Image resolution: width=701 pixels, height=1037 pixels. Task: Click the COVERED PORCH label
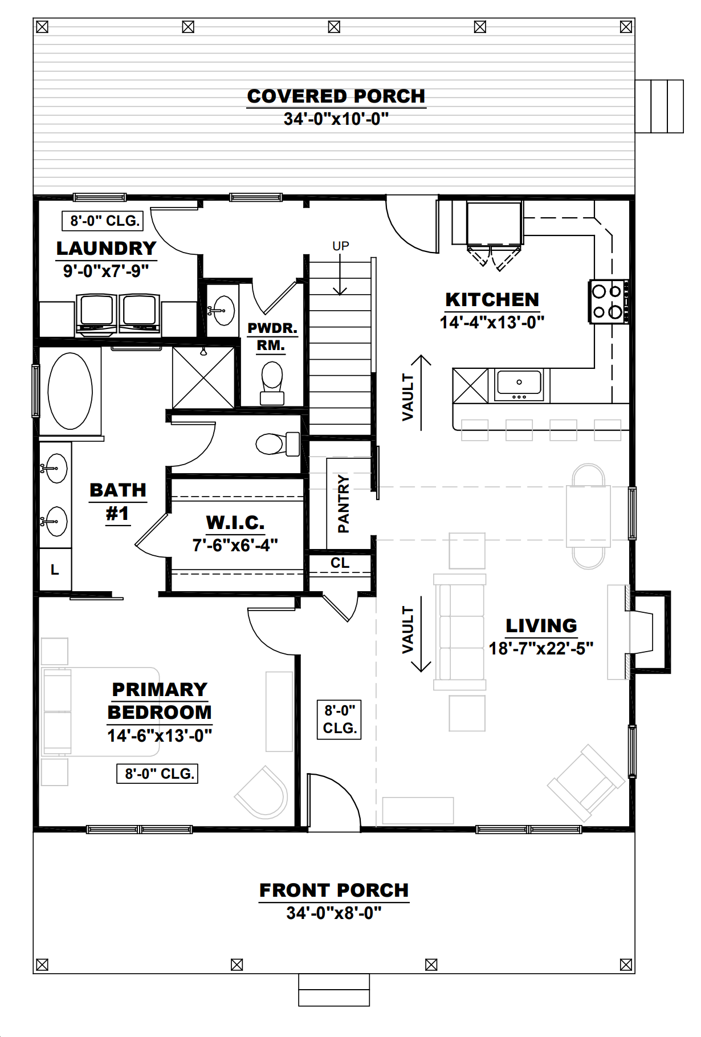pos(336,96)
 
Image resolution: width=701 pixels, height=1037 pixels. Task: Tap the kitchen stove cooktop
pos(608,302)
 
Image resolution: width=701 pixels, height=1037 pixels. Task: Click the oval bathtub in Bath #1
pos(70,391)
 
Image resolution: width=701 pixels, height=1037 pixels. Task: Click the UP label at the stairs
pos(340,246)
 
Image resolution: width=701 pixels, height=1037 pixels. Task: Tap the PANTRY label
pos(343,503)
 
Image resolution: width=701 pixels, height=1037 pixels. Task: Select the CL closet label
pos(340,563)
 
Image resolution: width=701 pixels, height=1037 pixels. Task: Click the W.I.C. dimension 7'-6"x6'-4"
pos(235,546)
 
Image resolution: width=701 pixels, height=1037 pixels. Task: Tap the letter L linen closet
pos(55,570)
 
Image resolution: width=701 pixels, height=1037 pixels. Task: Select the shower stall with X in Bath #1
pos(203,377)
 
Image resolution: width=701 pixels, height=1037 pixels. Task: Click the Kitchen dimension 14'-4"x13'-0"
pos(492,323)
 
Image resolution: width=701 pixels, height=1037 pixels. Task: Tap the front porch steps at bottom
pos(334,990)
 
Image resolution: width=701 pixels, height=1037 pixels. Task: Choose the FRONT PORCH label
pos(334,890)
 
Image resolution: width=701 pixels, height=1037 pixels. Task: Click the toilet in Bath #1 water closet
pos(277,444)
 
